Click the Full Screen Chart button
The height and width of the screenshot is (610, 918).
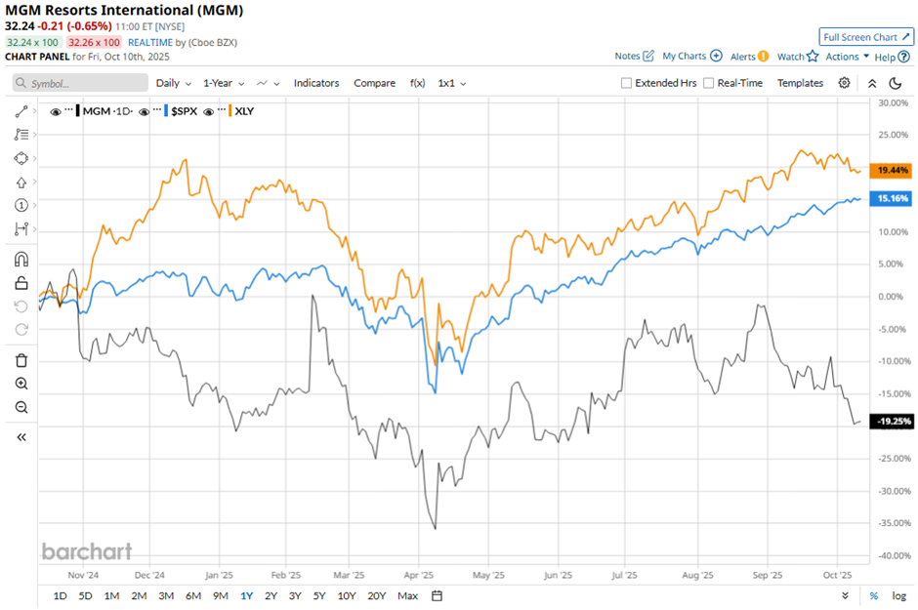coord(866,37)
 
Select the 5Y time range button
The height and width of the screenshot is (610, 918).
coord(320,595)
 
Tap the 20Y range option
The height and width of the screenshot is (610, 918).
coord(376,595)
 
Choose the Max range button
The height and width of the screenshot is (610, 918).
coord(408,595)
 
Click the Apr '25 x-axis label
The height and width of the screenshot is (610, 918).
coord(418,575)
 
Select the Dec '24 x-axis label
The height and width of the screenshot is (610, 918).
coord(149,575)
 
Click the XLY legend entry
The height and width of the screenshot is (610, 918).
coord(243,111)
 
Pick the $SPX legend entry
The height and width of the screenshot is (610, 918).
coord(183,111)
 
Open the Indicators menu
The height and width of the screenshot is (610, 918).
coord(316,83)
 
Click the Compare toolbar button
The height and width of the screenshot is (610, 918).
coord(374,83)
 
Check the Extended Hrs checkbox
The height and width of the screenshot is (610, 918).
coord(626,83)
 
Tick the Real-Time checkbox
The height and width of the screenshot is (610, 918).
coord(708,83)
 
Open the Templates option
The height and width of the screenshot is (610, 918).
coord(800,83)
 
